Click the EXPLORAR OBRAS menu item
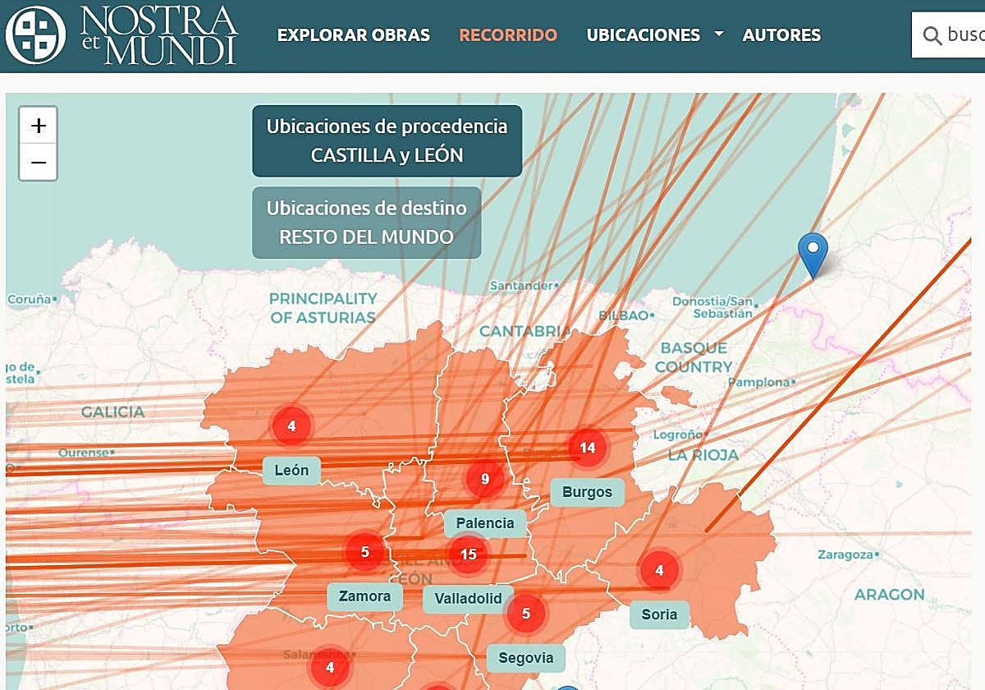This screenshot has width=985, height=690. pyautogui.click(x=353, y=35)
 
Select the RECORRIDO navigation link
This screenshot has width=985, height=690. pyautogui.click(x=508, y=35)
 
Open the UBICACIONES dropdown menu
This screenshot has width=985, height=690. pyautogui.click(x=654, y=35)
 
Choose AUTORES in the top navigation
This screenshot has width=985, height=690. pyautogui.click(x=781, y=35)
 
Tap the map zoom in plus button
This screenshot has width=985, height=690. pyautogui.click(x=39, y=126)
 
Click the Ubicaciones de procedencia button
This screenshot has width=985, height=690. pyautogui.click(x=387, y=140)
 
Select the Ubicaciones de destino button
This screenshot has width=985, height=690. pyautogui.click(x=366, y=223)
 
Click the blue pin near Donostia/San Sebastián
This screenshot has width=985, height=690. pyautogui.click(x=813, y=253)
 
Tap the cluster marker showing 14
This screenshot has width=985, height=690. pyautogui.click(x=587, y=448)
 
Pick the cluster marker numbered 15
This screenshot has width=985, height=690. pyautogui.click(x=468, y=554)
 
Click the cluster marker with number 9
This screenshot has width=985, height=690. pyautogui.click(x=485, y=479)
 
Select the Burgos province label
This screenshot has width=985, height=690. pyautogui.click(x=587, y=492)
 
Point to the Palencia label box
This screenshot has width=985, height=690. pyautogui.click(x=484, y=523)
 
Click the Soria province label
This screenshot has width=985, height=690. pyautogui.click(x=659, y=614)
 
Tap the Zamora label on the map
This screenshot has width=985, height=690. pyautogui.click(x=364, y=596)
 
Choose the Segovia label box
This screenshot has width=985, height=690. pyautogui.click(x=525, y=657)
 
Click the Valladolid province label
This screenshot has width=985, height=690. pyautogui.click(x=468, y=599)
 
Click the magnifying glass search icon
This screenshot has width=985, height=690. pyautogui.click(x=932, y=35)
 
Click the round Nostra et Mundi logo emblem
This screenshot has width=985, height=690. pyautogui.click(x=35, y=35)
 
